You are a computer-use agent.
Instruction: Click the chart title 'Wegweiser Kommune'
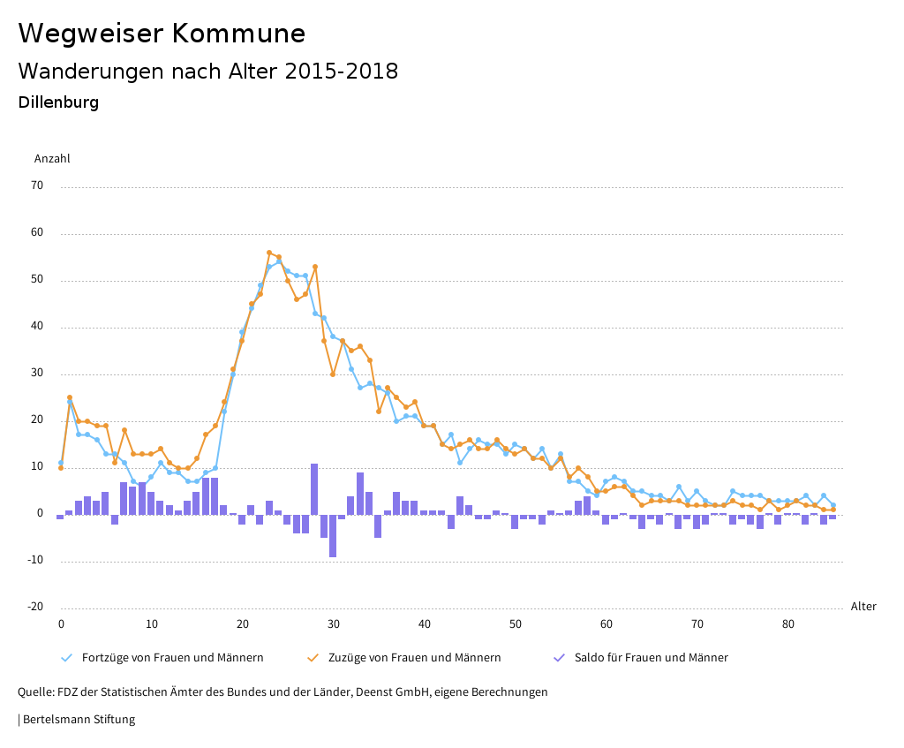(162, 34)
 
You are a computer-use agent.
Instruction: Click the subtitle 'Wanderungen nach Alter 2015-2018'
(207, 72)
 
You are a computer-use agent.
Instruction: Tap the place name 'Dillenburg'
(58, 102)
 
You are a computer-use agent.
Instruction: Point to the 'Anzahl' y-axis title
(52, 159)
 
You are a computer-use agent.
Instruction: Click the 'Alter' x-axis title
(863, 607)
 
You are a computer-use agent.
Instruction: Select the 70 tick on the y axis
(37, 186)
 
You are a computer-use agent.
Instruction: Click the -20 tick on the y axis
(35, 607)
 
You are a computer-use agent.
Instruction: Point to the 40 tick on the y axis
(37, 327)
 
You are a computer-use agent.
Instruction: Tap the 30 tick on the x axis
(334, 624)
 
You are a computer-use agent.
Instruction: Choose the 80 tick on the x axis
(788, 624)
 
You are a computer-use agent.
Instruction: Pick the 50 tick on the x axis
(516, 624)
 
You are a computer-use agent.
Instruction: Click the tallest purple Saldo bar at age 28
(314, 488)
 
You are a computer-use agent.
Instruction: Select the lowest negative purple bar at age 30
(333, 535)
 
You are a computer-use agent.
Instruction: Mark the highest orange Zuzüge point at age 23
(269, 253)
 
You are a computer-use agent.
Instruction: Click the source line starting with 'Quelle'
(282, 692)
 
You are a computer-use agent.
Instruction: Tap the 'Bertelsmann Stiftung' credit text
(78, 720)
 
